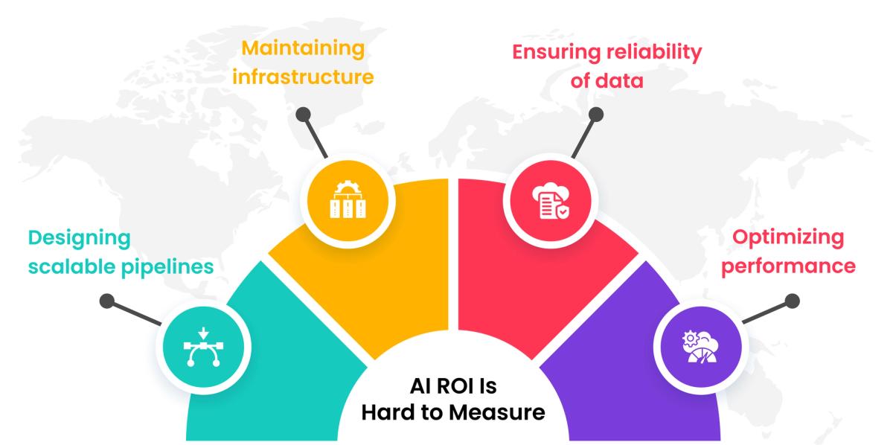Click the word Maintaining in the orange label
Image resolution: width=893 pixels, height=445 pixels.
(x=304, y=49)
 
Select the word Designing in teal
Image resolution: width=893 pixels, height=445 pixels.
(x=80, y=237)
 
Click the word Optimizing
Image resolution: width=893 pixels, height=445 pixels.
(x=788, y=237)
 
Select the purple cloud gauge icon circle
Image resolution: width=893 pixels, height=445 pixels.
(x=698, y=345)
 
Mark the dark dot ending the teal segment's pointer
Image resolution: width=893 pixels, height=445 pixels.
(x=107, y=301)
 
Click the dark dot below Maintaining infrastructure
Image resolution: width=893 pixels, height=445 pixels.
(x=302, y=115)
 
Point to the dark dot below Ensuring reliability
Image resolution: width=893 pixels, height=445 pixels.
(x=595, y=115)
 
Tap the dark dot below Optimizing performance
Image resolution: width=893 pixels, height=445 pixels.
(x=792, y=301)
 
